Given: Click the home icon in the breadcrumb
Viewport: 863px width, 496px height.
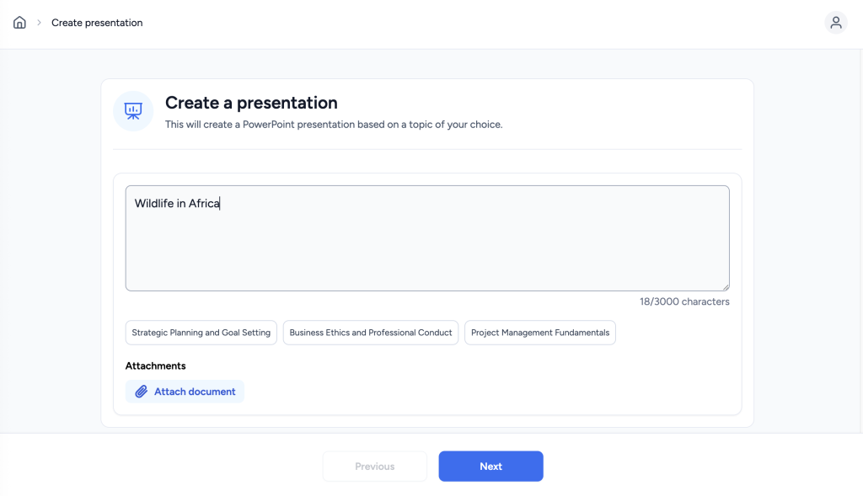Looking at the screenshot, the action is pos(20,23).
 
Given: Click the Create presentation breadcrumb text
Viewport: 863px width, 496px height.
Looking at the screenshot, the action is pos(97,23).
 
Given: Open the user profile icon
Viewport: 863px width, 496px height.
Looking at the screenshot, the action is pos(835,23).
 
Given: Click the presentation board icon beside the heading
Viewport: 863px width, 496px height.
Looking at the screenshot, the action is pos(133,111).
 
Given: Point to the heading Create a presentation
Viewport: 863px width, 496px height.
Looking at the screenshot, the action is pos(251,103).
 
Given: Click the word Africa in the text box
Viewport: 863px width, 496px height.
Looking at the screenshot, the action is pos(204,204).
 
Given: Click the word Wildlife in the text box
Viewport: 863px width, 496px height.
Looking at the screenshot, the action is pos(154,204).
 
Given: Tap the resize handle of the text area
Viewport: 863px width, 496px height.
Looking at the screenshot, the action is pos(726,287).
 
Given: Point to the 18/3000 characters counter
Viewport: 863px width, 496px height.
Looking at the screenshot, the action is pos(684,301).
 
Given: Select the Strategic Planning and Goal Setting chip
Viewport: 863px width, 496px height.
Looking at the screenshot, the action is pos(201,333).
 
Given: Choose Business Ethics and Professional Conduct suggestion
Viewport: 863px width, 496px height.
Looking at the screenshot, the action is pos(371,333).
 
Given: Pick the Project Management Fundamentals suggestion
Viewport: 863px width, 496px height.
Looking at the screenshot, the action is pos(540,333).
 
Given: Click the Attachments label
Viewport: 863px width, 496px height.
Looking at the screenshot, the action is pos(155,365).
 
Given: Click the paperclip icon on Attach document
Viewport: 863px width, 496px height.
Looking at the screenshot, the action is pos(142,392).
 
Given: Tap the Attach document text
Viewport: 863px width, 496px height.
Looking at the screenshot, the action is pos(195,392).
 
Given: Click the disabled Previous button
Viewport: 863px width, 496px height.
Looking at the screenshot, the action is pos(375,467).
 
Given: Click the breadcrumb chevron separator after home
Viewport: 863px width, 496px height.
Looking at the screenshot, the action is pos(39,23).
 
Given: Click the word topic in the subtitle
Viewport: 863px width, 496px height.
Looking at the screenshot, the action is pos(421,125).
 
